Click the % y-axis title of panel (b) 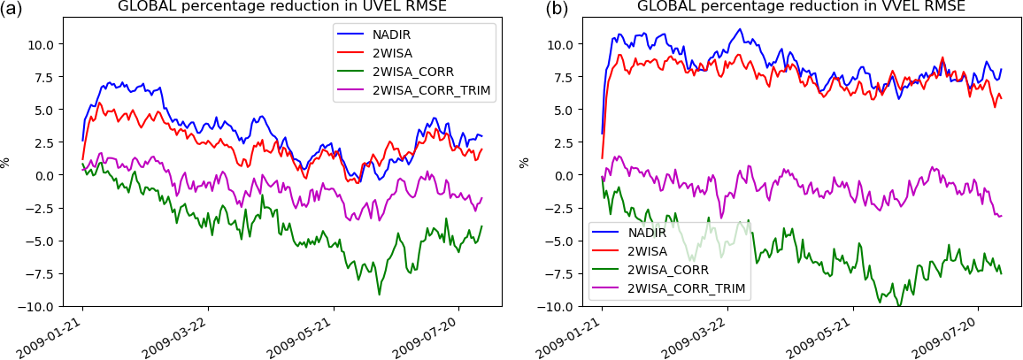(524, 162)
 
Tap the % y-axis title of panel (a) (5, 162)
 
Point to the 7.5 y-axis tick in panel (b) (565, 77)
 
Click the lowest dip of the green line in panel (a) (379, 294)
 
